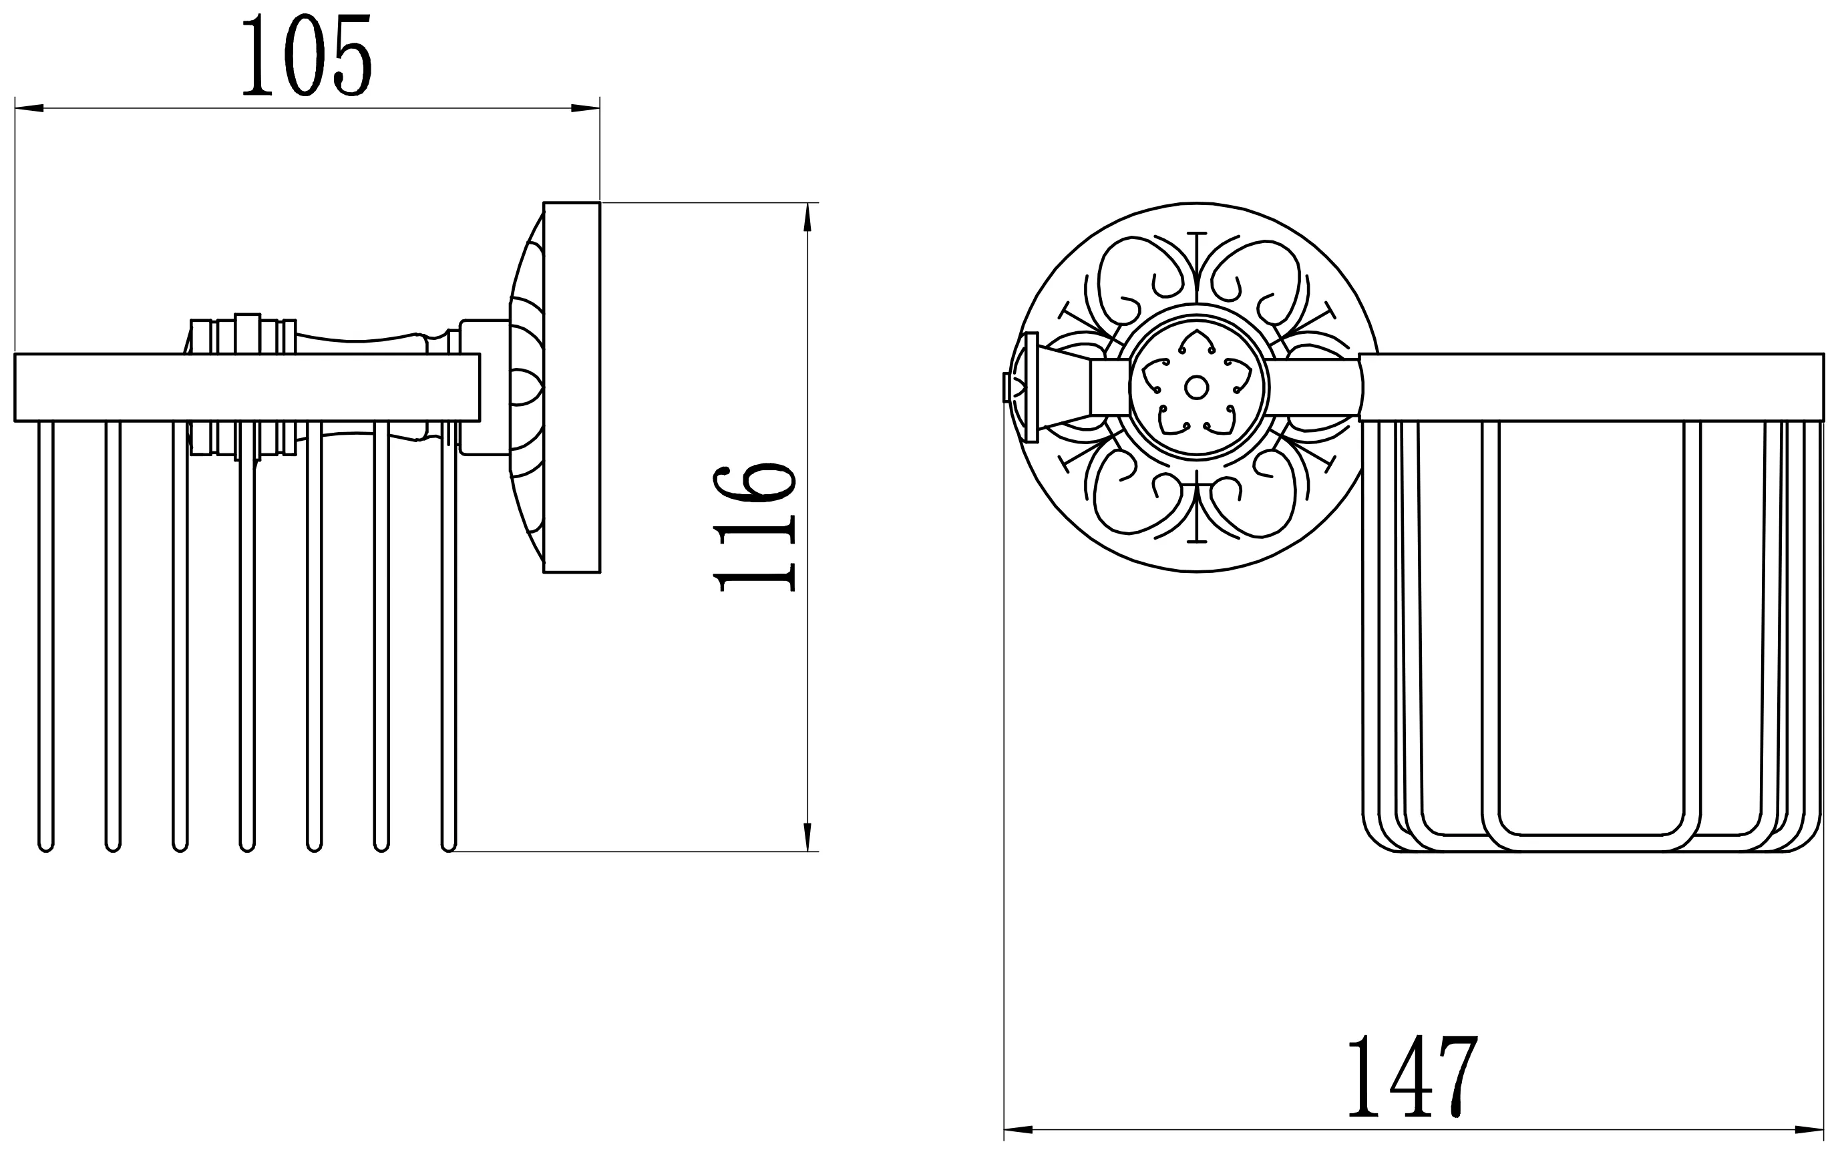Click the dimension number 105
click(x=307, y=55)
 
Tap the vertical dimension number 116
click(x=755, y=527)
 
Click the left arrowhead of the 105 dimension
click(x=29, y=108)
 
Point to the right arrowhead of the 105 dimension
click(x=586, y=108)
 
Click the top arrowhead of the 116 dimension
click(x=807, y=217)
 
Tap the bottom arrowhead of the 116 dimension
click(x=807, y=837)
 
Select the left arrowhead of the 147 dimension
click(x=1019, y=1129)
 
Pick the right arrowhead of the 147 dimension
click(x=1809, y=1129)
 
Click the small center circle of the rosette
click(x=1196, y=388)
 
